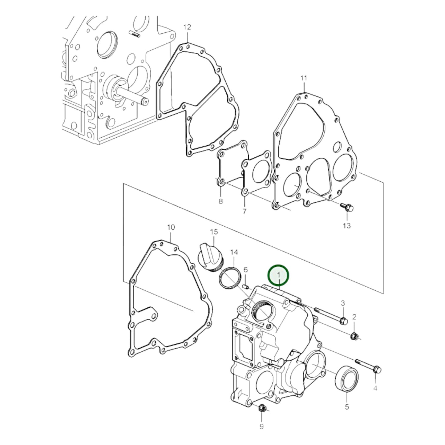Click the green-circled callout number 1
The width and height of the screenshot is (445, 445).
coord(278,275)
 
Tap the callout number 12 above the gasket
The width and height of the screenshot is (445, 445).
coord(187,27)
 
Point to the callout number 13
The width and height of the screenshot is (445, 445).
coord(347,226)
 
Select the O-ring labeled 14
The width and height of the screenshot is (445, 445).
coord(229,280)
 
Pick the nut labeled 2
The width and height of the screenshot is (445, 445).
coord(354,336)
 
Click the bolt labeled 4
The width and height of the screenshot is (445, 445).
coord(369,365)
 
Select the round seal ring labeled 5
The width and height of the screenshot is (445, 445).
coord(347,379)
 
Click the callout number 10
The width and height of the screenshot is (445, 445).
coord(171,227)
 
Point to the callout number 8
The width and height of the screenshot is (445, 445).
coord(220,201)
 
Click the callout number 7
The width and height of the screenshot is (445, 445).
coord(244,212)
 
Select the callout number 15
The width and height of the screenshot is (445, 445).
coord(214,232)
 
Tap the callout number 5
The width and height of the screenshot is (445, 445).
coord(347,407)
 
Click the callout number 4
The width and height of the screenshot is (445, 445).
coord(375,389)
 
